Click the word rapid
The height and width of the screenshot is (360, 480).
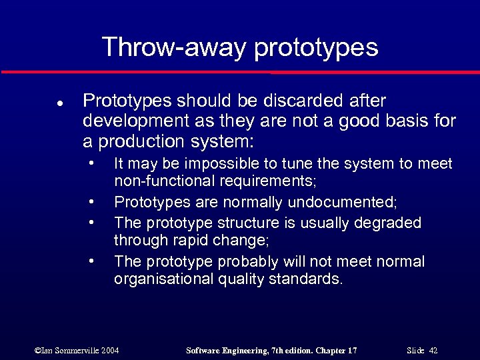pos(193,239)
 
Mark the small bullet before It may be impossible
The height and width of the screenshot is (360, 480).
pos(90,163)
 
